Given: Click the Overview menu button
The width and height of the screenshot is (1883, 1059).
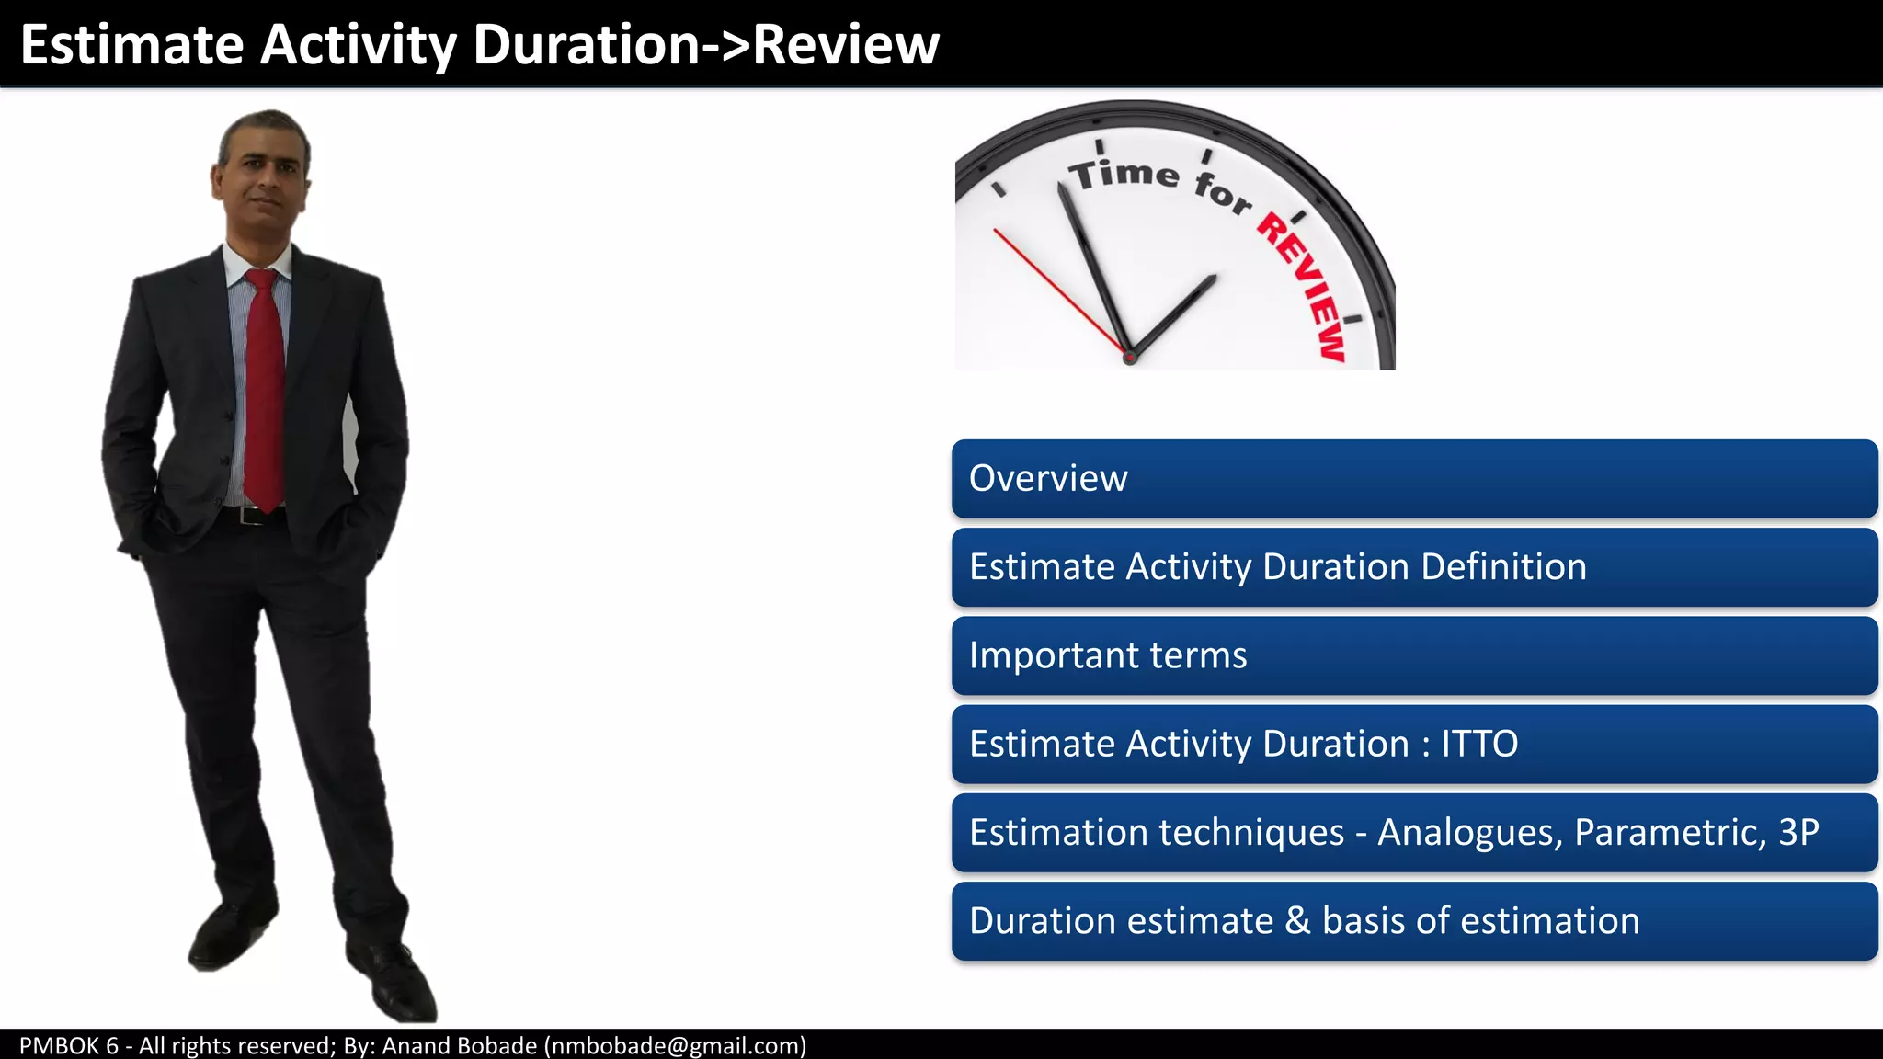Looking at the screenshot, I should [1414, 479].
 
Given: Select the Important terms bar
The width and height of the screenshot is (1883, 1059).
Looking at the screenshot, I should [1414, 656].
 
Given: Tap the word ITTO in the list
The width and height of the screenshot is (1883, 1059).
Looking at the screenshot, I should [1478, 744].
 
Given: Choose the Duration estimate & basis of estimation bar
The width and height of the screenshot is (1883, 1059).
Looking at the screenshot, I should [1414, 921].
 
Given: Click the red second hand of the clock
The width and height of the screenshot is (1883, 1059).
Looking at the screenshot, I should [1057, 290].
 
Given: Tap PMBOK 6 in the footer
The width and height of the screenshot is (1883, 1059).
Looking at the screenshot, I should [69, 1046].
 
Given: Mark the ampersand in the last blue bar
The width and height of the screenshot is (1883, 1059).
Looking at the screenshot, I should [1297, 921].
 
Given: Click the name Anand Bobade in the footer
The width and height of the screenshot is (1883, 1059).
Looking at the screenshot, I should [459, 1046].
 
